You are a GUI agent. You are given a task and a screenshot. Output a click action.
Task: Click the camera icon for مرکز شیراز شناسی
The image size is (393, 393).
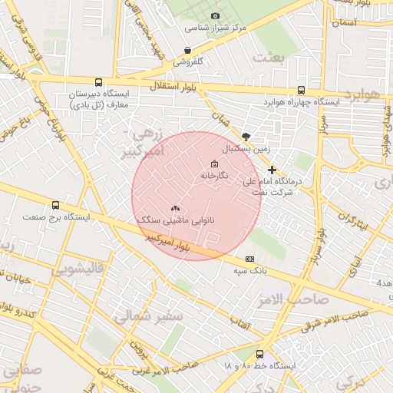click(x=215, y=16)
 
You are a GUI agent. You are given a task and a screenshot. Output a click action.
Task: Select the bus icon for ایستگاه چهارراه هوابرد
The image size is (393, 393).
click(x=300, y=89)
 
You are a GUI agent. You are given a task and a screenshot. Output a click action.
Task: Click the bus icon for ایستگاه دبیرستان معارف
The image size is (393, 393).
click(x=97, y=82)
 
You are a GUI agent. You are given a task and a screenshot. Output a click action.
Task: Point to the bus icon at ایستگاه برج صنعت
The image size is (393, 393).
click(x=55, y=205)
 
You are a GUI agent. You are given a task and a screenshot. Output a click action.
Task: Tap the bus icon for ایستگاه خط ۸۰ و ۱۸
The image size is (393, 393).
click(x=259, y=354)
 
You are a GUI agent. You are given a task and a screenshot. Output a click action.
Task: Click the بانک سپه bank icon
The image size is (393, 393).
click(x=249, y=259)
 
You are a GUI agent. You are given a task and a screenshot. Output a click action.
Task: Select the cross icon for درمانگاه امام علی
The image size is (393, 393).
click(x=272, y=170)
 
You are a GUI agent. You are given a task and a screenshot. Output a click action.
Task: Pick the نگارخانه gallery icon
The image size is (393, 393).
click(x=213, y=164)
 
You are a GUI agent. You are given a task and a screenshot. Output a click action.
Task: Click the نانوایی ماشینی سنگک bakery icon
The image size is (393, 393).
click(x=174, y=208)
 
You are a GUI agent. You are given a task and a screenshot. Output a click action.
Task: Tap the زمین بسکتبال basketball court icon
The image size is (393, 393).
click(x=245, y=134)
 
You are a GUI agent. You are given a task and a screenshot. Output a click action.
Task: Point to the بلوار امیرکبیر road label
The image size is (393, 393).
click(x=171, y=243)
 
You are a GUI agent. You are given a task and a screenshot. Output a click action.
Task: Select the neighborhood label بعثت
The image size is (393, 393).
click(x=271, y=58)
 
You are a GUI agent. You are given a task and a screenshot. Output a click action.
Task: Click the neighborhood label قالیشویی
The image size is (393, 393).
click(x=77, y=270)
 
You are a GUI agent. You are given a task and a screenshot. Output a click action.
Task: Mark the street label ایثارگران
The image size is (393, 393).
click(x=352, y=223)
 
